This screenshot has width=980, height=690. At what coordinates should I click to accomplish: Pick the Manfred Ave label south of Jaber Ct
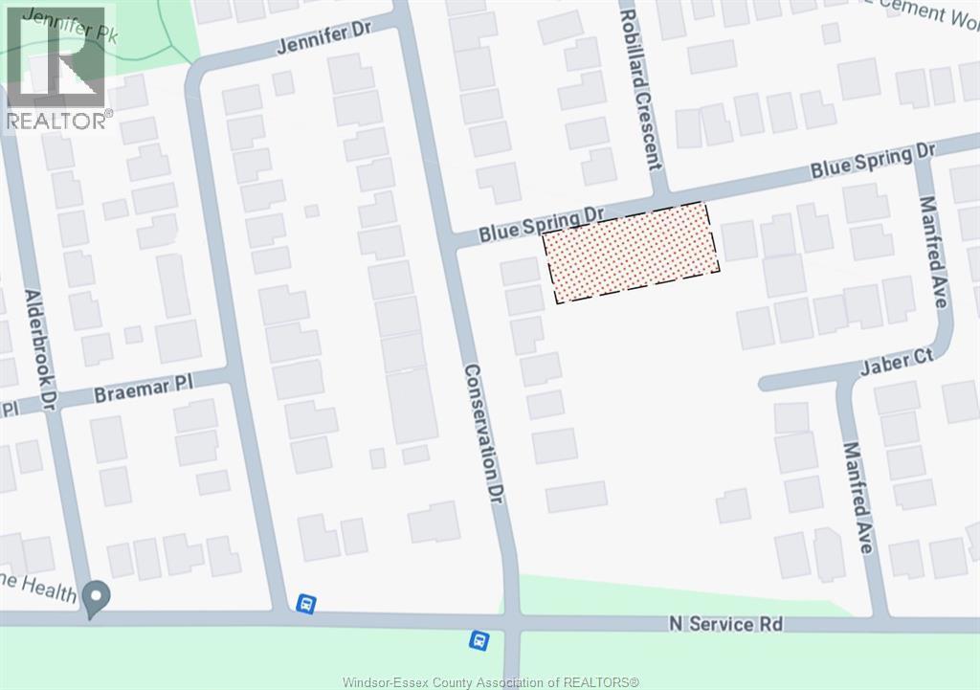pos(858,497)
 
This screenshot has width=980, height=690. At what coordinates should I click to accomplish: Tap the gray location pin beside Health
pos(96,598)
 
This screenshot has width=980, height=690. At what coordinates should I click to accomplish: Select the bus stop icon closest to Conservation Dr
pos(478,638)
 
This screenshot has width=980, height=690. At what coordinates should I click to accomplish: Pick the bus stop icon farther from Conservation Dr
pos(305,603)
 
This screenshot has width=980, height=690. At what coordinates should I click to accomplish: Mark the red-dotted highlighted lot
pos(632,253)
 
